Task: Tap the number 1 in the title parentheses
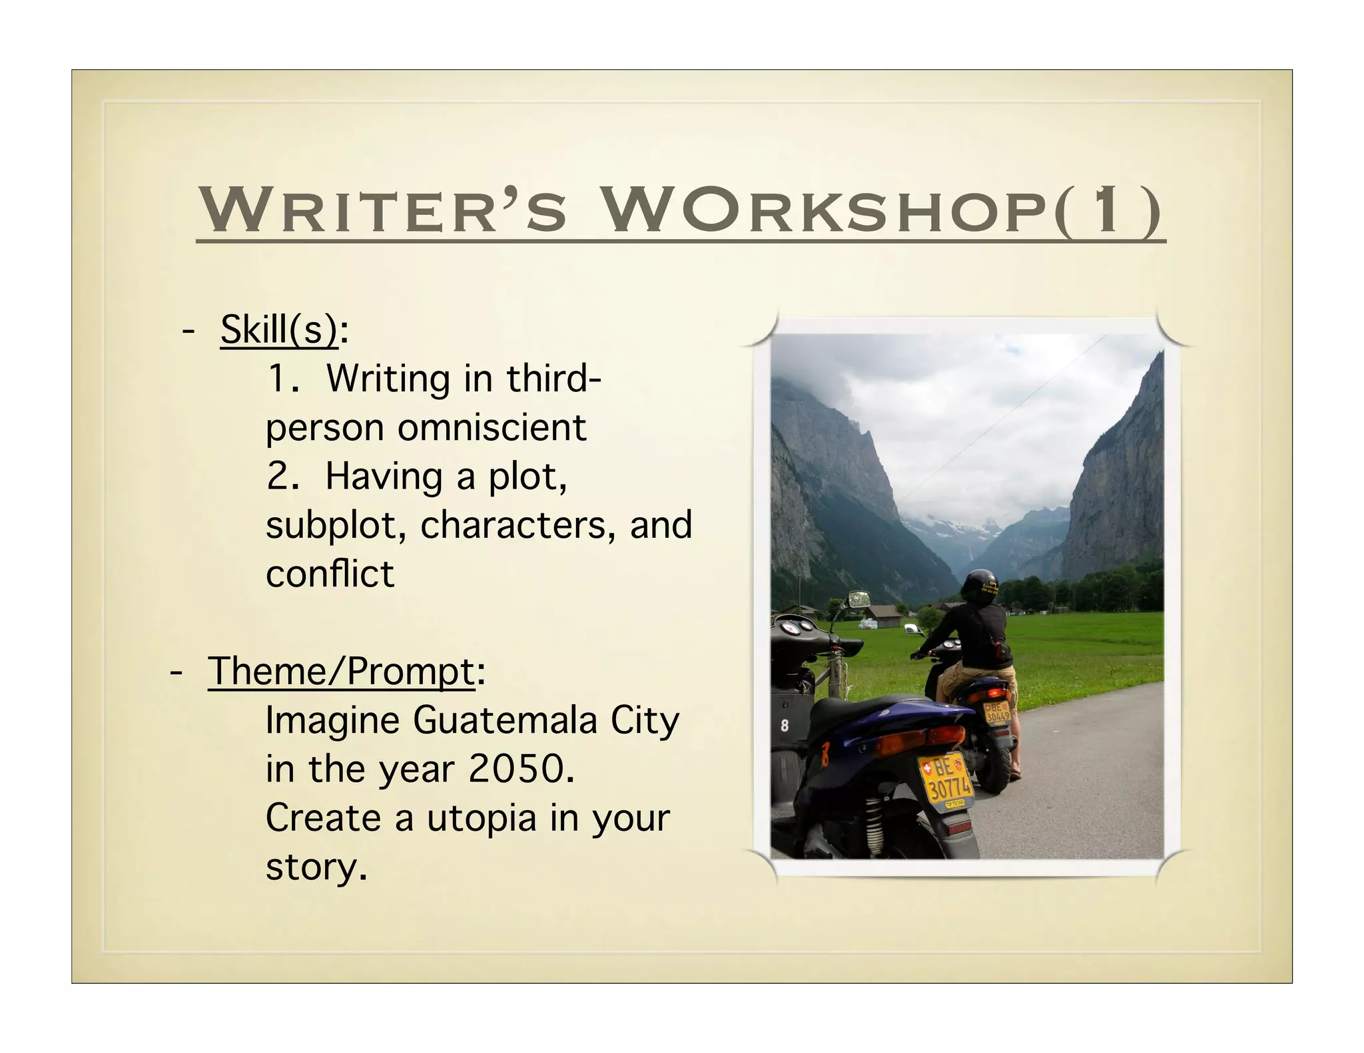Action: [1107, 210]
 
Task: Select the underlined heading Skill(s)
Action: [279, 329]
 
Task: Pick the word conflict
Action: [330, 574]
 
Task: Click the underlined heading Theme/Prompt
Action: [342, 671]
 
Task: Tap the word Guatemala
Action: [505, 720]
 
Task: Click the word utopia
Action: [481, 818]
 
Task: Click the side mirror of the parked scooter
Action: [858, 598]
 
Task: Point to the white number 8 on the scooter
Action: [784, 725]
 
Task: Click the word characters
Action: [513, 526]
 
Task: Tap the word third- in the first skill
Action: [553, 379]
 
